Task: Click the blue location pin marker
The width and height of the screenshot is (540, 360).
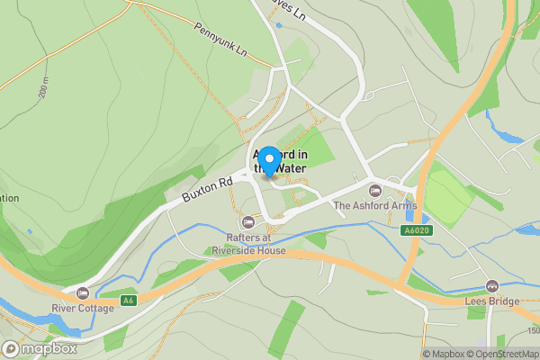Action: pos(268,152)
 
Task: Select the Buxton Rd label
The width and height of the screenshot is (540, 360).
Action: pos(206,188)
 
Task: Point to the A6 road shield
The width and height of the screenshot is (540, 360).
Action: pos(130,300)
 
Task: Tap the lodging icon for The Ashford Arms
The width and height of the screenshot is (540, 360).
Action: pos(375,191)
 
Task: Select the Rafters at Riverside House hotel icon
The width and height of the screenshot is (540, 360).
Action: pos(247,222)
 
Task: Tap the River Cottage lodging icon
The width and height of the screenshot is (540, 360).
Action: pos(83,293)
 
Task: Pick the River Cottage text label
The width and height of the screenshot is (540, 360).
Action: pos(83,309)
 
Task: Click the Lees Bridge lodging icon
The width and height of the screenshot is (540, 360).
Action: pos(491,286)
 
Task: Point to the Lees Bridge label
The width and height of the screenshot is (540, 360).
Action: pos(491,301)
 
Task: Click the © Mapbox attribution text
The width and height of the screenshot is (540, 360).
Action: pos(440,354)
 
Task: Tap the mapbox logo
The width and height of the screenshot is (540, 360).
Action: pos(40,348)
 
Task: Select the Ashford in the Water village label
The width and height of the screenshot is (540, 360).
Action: pos(280,160)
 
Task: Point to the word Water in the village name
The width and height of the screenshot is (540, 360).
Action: pos(290,168)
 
